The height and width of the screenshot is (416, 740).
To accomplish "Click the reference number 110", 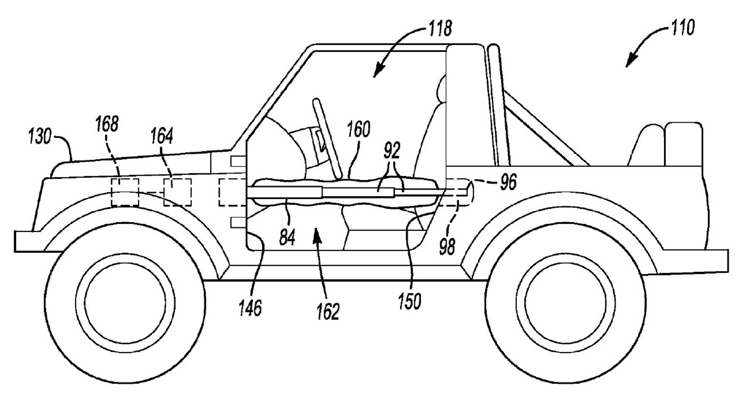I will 683,28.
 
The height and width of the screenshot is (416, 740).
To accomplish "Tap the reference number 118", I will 440,29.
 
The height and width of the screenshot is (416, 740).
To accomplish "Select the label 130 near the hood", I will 40,136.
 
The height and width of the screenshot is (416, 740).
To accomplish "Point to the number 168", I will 107,124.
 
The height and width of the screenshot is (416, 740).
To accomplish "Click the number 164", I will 161,136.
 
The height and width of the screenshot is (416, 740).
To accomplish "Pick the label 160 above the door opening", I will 358,129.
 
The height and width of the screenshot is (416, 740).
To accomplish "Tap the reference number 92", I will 392,151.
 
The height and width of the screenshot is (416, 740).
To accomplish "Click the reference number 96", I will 508,182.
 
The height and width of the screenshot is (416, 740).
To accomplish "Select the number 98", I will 447,247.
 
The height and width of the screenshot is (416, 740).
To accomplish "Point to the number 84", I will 287,237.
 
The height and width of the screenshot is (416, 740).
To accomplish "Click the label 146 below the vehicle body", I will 250,308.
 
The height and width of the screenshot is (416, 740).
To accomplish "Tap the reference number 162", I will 328,312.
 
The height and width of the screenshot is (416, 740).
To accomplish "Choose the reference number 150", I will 409,301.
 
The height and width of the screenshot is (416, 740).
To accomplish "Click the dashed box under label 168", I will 125,192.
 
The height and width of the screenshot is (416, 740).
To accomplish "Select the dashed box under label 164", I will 177,192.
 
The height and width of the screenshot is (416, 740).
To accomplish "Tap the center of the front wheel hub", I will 124,303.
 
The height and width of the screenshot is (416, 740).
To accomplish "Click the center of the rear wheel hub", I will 565,303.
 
